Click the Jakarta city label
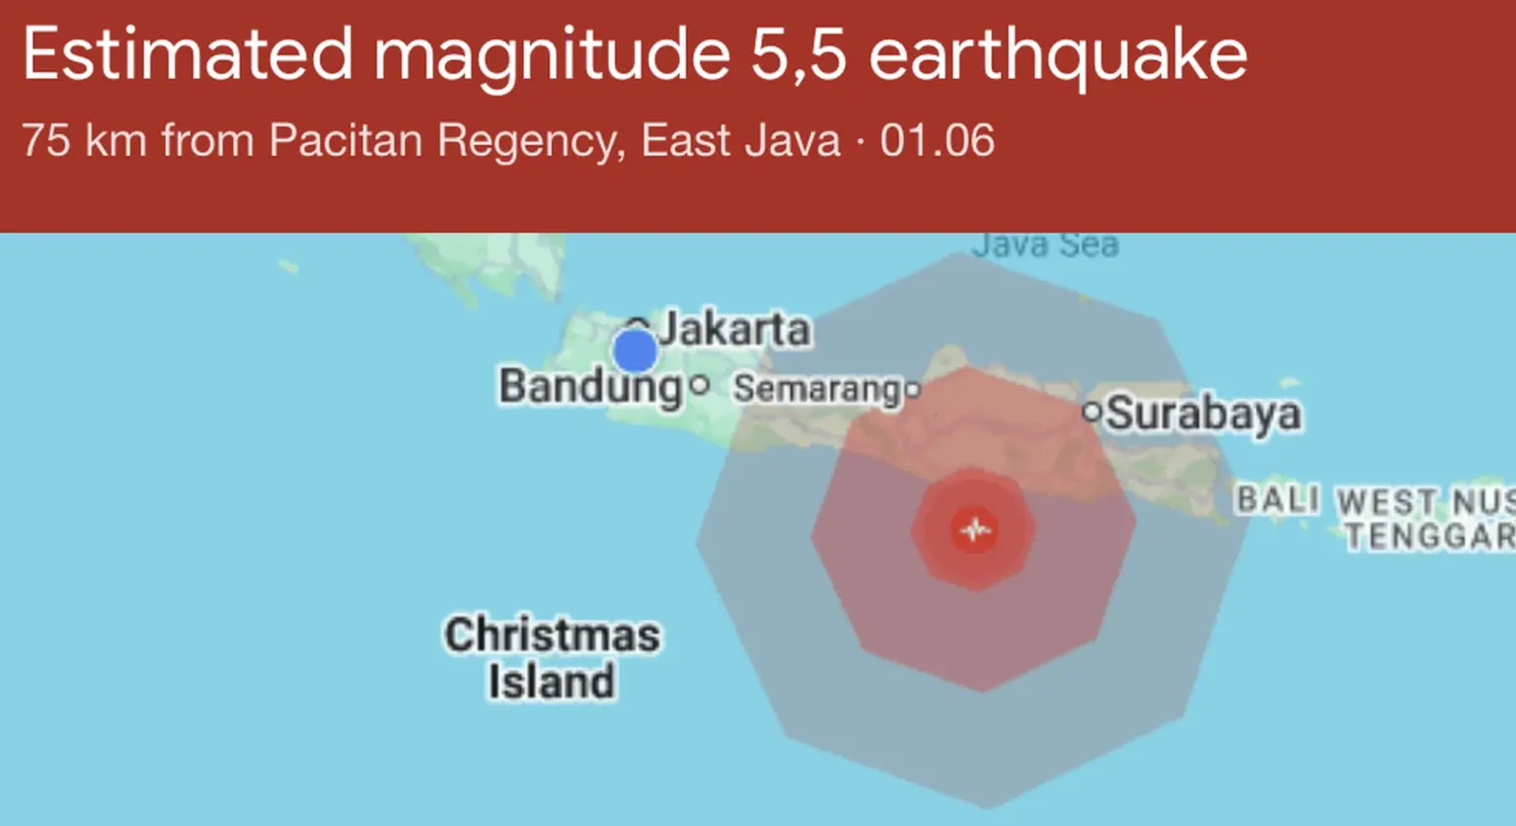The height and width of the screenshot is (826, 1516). coord(734,329)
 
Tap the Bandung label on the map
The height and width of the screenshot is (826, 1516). coord(590,386)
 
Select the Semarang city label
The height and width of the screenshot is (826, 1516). coord(817,389)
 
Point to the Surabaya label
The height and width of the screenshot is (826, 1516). coord(1203,413)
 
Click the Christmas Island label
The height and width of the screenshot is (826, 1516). coord(552,657)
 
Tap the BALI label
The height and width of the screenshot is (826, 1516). coord(1278,499)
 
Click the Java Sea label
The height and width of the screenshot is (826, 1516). coord(1045,244)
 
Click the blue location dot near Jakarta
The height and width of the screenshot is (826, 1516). coord(635,350)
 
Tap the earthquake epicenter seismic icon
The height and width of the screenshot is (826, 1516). coord(975,530)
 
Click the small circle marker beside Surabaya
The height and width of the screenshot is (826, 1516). coord(1092,413)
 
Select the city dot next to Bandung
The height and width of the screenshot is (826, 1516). coord(700,385)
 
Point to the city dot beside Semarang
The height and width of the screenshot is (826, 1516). coord(913,390)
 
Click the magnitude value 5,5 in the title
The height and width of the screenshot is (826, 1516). coord(798,54)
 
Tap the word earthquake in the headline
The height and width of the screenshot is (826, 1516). coord(1058,56)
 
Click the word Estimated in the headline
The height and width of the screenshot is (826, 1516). coord(188,54)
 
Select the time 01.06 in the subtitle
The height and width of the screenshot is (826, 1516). coord(938,140)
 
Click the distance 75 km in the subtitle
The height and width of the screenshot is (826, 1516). coord(84,140)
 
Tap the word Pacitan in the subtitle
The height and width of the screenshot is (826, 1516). coord(345,140)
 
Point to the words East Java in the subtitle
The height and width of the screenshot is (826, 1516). coord(740,140)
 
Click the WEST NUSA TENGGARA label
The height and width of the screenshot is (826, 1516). coord(1426,518)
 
